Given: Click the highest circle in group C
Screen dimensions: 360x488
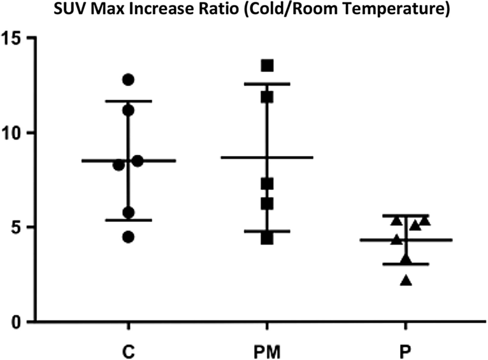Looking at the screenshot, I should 128,80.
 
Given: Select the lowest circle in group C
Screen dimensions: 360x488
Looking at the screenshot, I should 128,237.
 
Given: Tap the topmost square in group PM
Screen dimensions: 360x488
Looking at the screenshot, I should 267,66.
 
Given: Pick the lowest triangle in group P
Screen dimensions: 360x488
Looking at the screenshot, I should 406,280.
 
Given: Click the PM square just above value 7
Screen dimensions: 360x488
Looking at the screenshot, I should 267,184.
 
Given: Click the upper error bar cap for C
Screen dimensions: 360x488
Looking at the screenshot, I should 128,101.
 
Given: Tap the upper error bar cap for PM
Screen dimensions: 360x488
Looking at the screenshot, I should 267,83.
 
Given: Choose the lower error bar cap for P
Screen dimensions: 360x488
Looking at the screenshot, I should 406,264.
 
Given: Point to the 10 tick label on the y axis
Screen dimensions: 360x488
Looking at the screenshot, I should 17,133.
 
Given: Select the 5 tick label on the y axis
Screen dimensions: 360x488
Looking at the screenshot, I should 22,227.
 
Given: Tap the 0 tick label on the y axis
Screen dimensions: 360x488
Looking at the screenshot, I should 22,322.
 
